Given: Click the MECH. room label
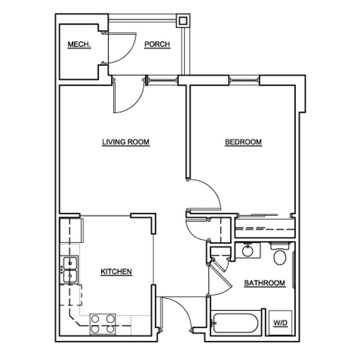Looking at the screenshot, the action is click(x=79, y=44).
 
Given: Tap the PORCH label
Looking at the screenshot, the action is click(x=157, y=44).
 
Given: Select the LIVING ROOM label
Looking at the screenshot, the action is click(x=126, y=142).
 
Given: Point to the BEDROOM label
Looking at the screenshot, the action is click(x=243, y=142).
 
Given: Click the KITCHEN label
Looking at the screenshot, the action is click(x=116, y=271).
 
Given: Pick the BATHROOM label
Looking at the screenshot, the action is click(x=265, y=283).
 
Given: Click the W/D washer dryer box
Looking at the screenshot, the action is click(x=280, y=323).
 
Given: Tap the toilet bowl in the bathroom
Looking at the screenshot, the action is click(x=280, y=258).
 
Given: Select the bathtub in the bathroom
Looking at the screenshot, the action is click(x=236, y=323).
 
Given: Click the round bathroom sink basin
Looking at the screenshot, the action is click(x=247, y=251).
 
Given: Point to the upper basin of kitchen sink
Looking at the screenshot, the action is click(x=70, y=263).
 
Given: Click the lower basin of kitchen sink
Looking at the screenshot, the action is click(x=70, y=276).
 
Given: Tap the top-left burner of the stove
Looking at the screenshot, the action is click(x=95, y=319).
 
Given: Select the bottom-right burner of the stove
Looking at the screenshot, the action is click(x=111, y=329).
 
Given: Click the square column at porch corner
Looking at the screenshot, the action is click(x=183, y=21).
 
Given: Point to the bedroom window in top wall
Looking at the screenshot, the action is click(x=244, y=80).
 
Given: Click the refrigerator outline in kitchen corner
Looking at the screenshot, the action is click(x=71, y=230).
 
